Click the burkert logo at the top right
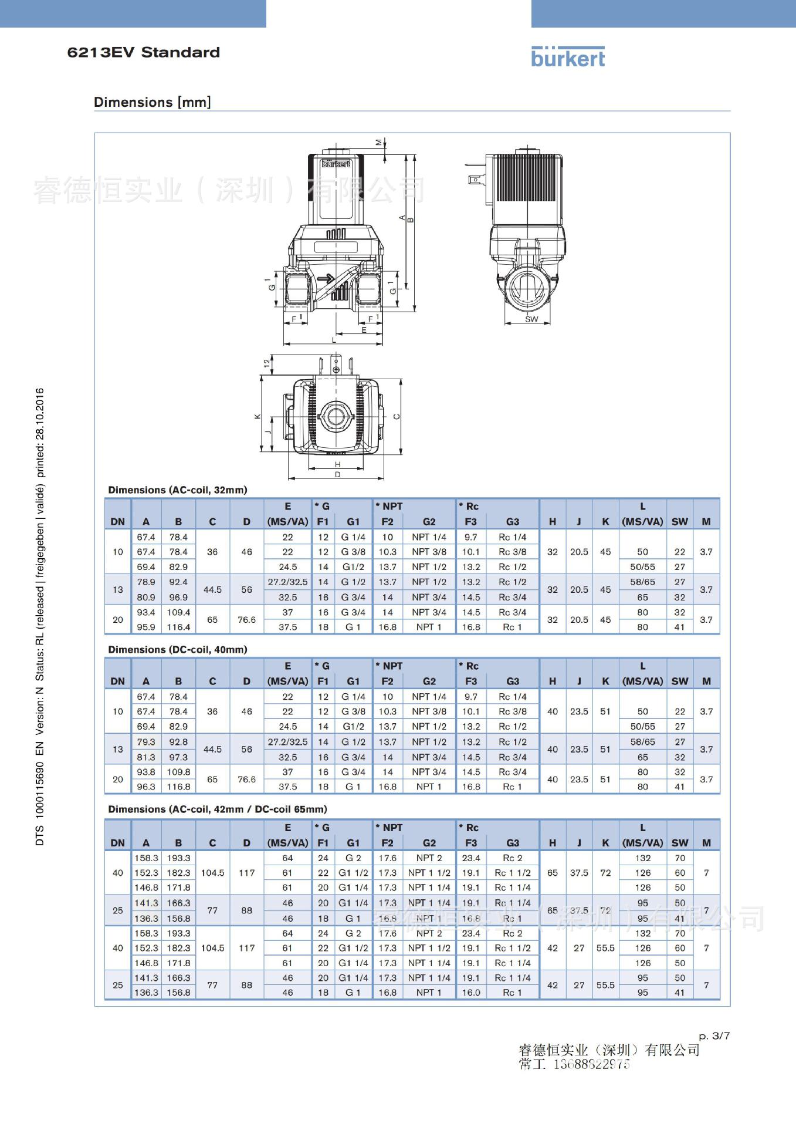[x=567, y=57]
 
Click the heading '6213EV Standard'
[x=144, y=53]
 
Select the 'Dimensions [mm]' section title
[x=152, y=102]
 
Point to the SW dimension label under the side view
[x=531, y=319]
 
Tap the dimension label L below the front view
[x=334, y=340]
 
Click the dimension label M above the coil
[x=379, y=141]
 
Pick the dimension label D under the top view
[x=338, y=474]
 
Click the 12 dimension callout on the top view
[x=267, y=363]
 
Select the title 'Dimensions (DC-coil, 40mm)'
[x=177, y=649]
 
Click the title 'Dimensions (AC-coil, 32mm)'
[x=177, y=490]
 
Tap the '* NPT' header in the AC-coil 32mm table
[x=390, y=506]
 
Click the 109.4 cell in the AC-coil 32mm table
[x=178, y=612]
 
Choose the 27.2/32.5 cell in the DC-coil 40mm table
[x=287, y=742]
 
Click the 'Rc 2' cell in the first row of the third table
[x=512, y=858]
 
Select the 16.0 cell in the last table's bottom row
[x=471, y=992]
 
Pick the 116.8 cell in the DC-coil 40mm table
[x=178, y=787]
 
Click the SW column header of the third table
[x=679, y=842]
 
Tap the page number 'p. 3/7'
[x=714, y=1035]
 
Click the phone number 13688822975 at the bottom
[x=591, y=1064]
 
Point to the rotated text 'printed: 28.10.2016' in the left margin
[x=40, y=433]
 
